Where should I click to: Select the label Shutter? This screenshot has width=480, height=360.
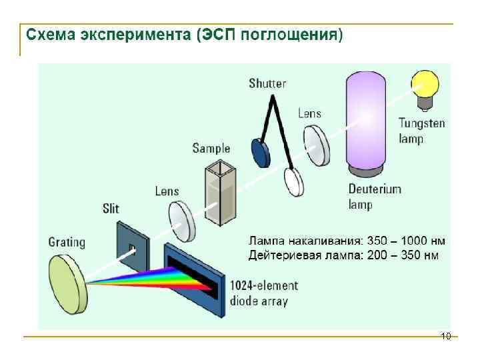267,83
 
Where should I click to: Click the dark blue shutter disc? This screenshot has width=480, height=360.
260,153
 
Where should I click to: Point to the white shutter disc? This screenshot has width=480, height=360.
293,181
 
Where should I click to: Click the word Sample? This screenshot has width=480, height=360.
211,148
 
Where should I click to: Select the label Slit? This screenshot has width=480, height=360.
111,209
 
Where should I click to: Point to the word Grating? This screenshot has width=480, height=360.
67,242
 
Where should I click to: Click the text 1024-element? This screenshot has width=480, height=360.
264,286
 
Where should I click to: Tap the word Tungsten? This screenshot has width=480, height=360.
421,123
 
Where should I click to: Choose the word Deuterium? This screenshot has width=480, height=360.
375,189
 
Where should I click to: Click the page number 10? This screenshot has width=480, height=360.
446,336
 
